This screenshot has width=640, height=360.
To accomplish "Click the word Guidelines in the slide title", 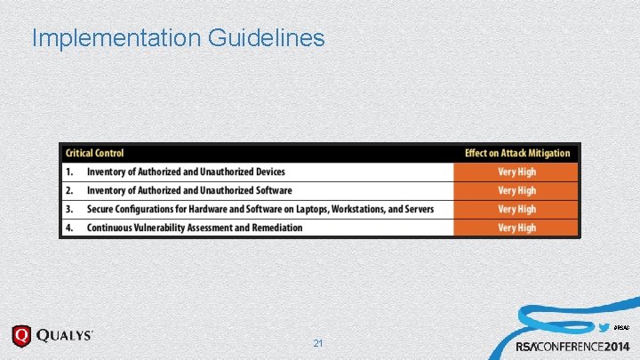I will pos(266,38).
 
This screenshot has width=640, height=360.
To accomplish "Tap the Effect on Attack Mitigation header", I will pos(517,153).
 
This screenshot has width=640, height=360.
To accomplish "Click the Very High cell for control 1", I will pos(516,172).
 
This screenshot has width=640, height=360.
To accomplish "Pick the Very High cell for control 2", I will pos(516,190).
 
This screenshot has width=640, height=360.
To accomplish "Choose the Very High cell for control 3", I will pos(516,209).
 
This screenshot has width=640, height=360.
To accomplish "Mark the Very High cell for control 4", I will pos(516,228).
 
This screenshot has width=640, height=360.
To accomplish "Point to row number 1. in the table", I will pos(68,172).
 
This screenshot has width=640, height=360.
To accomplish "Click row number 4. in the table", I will pos(68,228).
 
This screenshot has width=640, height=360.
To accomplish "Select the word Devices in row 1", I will pos(266,172).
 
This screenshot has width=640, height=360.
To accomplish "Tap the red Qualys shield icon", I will pos(20,336).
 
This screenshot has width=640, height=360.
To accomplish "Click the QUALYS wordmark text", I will pos(64,336).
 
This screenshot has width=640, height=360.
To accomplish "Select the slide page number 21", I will pos(319,343).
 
